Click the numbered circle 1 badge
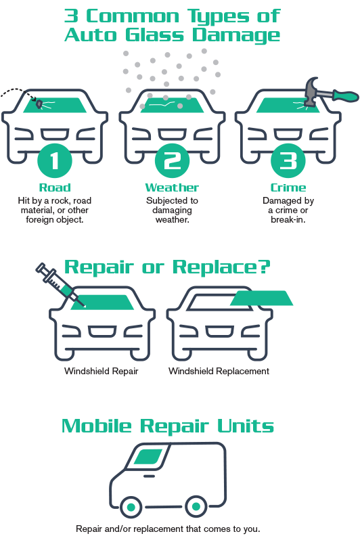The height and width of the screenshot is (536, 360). [x=54, y=160]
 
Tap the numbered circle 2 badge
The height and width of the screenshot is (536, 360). [x=172, y=160]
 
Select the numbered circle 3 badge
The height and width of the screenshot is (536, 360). [x=288, y=160]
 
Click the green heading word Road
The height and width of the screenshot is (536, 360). [x=55, y=187]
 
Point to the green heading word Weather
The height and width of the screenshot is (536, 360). [x=172, y=187]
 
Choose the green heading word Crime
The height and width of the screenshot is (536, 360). [x=288, y=187]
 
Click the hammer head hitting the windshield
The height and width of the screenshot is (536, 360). [x=311, y=91]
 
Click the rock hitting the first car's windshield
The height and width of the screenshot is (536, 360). [x=39, y=104]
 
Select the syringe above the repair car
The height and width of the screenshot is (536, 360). [x=60, y=284]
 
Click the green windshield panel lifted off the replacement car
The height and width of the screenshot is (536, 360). [x=261, y=298]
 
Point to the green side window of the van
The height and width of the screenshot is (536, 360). [x=149, y=457]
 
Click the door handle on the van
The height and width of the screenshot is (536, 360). [x=149, y=476]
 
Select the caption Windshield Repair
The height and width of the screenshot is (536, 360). [x=102, y=371]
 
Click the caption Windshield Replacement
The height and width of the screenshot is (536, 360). [x=219, y=371]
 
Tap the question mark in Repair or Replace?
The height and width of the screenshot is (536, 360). [x=263, y=267]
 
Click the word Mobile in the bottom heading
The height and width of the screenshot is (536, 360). [x=97, y=426]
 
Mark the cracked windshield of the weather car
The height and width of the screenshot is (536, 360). [x=172, y=106]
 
